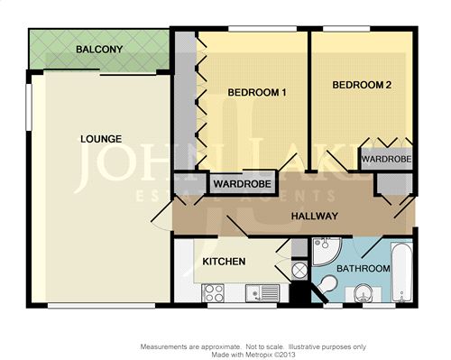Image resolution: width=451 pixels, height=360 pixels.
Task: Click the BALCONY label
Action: point(99,49)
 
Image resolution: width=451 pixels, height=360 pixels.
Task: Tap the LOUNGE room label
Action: point(101,139)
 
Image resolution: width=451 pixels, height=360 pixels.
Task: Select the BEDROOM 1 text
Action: point(257,92)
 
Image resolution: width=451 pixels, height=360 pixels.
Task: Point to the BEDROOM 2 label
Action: point(362,85)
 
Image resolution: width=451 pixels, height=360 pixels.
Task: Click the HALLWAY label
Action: point(315,216)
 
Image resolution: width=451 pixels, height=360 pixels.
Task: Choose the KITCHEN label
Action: point(224,262)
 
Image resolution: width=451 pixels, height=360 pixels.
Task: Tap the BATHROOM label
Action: point(364,268)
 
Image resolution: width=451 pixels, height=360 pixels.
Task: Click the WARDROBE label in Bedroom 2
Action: point(386,159)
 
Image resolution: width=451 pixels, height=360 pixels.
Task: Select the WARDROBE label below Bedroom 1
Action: point(243,183)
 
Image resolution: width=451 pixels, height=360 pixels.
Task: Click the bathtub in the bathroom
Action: point(402,272)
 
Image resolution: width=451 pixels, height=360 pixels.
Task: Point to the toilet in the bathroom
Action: point(327,284)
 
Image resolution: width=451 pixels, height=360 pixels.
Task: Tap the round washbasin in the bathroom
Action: point(364,293)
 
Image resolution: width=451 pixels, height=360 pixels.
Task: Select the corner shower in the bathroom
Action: point(326,252)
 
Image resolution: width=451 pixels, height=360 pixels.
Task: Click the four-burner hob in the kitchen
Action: point(213,293)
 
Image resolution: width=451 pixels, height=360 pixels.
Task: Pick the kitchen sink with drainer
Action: point(262,293)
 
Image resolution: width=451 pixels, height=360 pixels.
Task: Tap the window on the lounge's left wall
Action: point(29,107)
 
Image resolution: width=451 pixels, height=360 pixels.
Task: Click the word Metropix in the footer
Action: point(257,355)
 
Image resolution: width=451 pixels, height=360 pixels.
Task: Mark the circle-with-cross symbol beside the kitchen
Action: point(299,271)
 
